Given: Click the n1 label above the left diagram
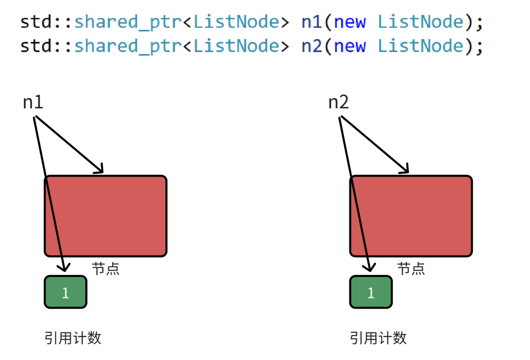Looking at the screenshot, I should click(x=33, y=102).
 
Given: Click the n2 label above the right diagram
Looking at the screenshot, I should click(x=338, y=102).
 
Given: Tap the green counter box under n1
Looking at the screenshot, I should click(x=65, y=292).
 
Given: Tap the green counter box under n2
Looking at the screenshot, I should click(x=371, y=292).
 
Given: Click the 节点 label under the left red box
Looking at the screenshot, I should click(x=105, y=269).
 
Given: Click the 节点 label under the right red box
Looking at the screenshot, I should click(x=411, y=269).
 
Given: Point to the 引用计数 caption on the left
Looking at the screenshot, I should click(x=73, y=338).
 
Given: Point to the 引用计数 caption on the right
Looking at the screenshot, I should click(x=378, y=338).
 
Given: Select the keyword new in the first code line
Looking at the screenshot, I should click(x=350, y=22).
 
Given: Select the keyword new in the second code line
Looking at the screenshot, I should click(x=350, y=46).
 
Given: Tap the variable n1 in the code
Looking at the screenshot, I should click(x=311, y=22).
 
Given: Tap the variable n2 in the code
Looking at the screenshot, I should click(x=311, y=46).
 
